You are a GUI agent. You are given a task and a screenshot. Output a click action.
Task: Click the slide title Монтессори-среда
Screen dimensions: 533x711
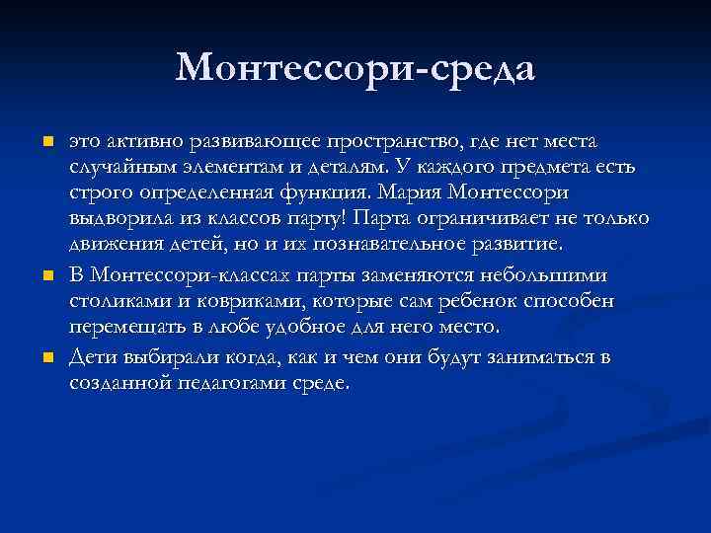355,68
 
